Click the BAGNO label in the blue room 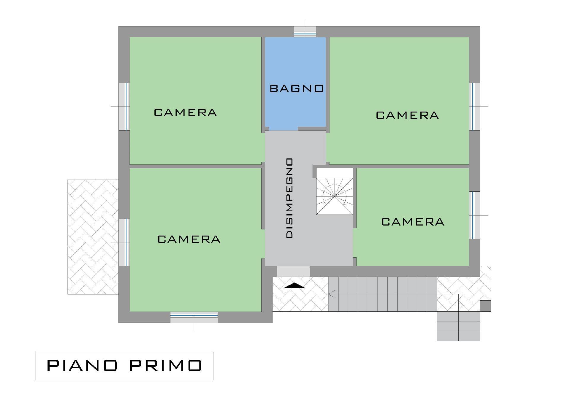coord(297,88)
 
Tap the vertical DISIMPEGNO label coord(289,198)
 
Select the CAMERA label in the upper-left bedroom coord(185,112)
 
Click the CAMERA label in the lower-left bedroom coord(189,239)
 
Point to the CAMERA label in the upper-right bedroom coord(407,115)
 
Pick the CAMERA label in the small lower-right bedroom coord(413,222)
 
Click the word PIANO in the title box coord(82,366)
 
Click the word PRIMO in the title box coord(166,366)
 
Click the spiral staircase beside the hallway coord(335,191)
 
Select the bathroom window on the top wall coord(305,32)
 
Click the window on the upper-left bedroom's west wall coord(124,107)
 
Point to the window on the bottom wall coord(194,317)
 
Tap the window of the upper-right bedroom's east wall coord(475,107)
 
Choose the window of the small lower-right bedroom coord(475,215)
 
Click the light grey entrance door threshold coord(293,272)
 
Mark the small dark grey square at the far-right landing coord(486,306)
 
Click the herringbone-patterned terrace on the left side coord(93,237)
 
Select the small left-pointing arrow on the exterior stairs coord(332,294)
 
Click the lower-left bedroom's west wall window coord(124,242)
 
